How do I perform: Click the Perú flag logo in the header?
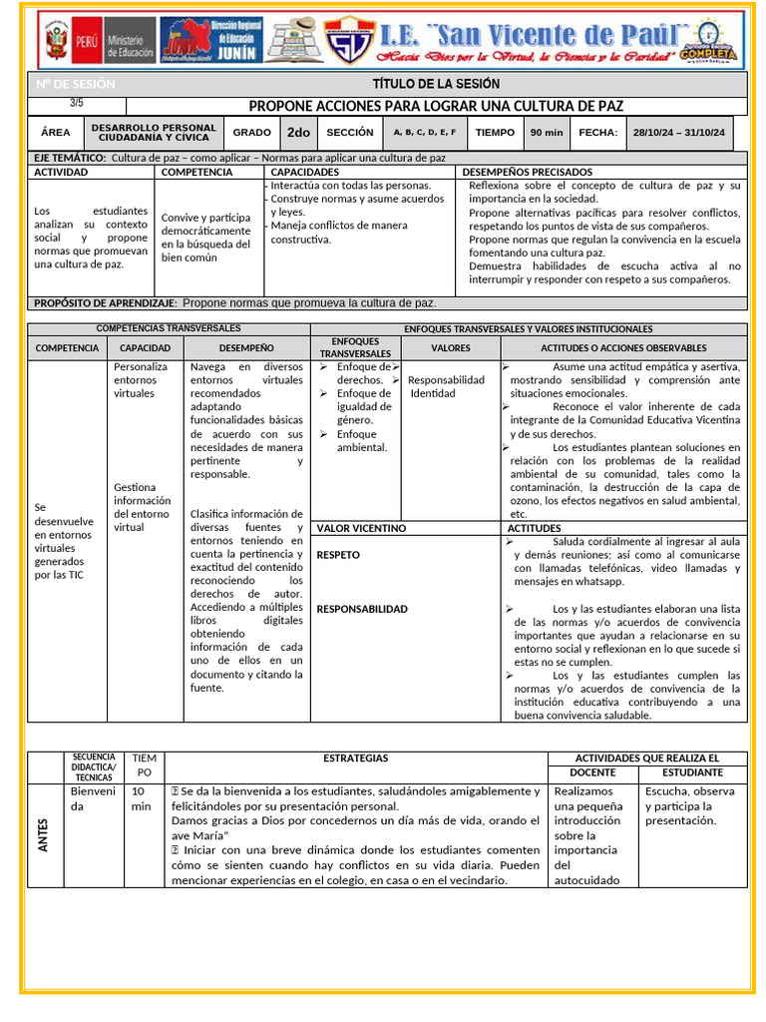57,42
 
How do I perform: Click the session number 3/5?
78,103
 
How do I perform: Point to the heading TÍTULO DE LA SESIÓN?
436,84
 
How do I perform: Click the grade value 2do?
298,132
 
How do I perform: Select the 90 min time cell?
547,132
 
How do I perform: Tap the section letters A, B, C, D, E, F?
425,132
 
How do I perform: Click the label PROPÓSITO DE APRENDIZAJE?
106,302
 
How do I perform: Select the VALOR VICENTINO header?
361,528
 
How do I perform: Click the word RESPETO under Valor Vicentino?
338,555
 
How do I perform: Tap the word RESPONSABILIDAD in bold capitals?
361,609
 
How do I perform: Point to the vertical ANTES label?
43,834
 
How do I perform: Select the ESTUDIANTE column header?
692,772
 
